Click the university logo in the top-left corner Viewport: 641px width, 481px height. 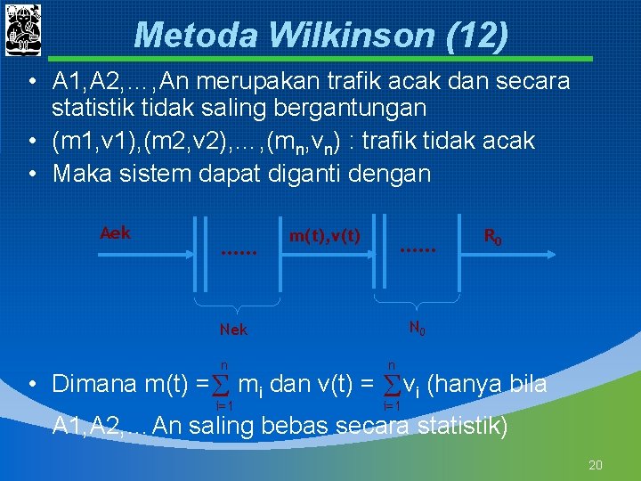tap(23, 29)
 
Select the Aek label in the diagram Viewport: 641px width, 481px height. tap(116, 233)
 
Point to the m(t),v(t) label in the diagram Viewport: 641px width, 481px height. tap(324, 235)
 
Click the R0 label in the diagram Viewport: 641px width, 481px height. tap(492, 237)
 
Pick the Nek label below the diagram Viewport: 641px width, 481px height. tap(233, 330)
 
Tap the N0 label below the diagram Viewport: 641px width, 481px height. tap(417, 328)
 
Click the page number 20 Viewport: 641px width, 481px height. tap(596, 465)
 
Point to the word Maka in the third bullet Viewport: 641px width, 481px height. tap(82, 173)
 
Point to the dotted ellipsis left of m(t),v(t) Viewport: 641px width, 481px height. tap(238, 253)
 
